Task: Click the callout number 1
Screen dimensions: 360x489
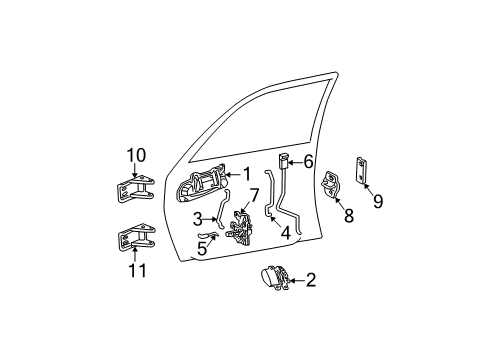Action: click(246, 174)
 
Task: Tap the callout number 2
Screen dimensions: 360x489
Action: click(311, 280)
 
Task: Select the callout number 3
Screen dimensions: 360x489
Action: click(199, 219)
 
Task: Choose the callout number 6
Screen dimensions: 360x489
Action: click(308, 161)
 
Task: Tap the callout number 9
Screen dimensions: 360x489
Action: click(377, 200)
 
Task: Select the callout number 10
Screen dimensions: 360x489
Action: click(136, 154)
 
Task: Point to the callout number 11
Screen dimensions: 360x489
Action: click(136, 270)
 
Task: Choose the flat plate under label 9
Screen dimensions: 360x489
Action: click(364, 170)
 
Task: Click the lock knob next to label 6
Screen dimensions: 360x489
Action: click(284, 162)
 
